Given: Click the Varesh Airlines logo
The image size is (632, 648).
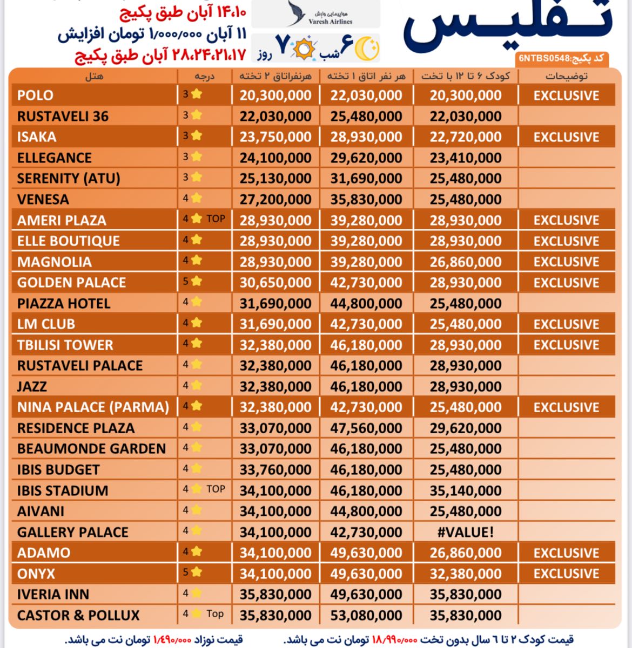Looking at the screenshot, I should pyautogui.click(x=315, y=13).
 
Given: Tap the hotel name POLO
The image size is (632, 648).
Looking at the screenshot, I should pyautogui.click(x=35, y=96).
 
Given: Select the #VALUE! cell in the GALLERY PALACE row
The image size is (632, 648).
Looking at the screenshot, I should pyautogui.click(x=466, y=533).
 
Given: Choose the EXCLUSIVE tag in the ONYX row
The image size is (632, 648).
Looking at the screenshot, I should pyautogui.click(x=566, y=574).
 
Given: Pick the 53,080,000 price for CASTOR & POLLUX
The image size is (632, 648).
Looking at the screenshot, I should pyautogui.click(x=366, y=616).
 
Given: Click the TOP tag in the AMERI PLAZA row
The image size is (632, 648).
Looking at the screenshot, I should pyautogui.click(x=216, y=219).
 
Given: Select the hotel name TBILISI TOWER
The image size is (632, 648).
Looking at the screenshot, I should pyautogui.click(x=65, y=345).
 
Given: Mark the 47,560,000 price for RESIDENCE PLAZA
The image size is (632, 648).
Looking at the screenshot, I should pyautogui.click(x=366, y=428).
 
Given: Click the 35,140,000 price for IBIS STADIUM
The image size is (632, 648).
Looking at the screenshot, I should pyautogui.click(x=466, y=491).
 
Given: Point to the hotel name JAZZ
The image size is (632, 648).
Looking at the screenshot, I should pyautogui.click(x=32, y=387).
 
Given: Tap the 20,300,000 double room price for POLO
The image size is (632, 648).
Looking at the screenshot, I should pyautogui.click(x=275, y=96).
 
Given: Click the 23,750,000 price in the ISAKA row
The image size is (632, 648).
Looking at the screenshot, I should pyautogui.click(x=275, y=137).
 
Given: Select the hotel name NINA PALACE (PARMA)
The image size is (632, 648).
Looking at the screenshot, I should pyautogui.click(x=93, y=407).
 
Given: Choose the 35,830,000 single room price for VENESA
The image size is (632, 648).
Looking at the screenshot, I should pyautogui.click(x=366, y=200).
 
